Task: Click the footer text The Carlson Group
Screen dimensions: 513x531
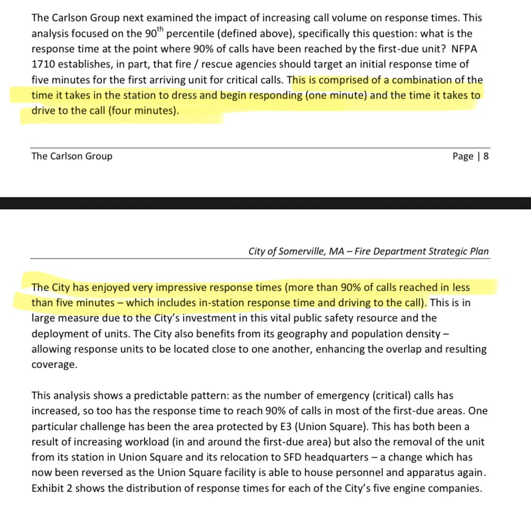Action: pyautogui.click(x=72, y=156)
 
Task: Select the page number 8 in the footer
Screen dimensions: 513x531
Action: pyautogui.click(x=485, y=156)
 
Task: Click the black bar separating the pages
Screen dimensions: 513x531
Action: pyautogui.click(x=265, y=203)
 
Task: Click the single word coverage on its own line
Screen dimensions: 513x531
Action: pyautogui.click(x=54, y=365)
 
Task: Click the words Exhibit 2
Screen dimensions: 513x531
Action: pyautogui.click(x=54, y=488)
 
